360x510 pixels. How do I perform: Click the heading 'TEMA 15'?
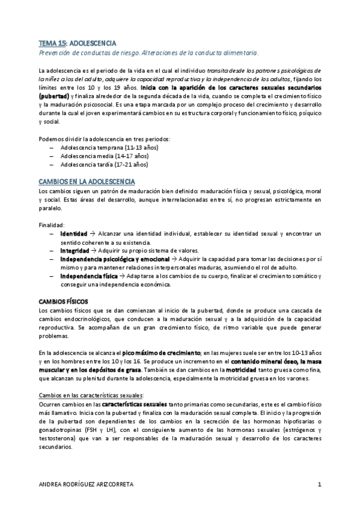point(52,44)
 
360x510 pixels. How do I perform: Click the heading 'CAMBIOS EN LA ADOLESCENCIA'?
point(87,181)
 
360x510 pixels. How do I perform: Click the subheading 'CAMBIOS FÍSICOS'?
point(63,301)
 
